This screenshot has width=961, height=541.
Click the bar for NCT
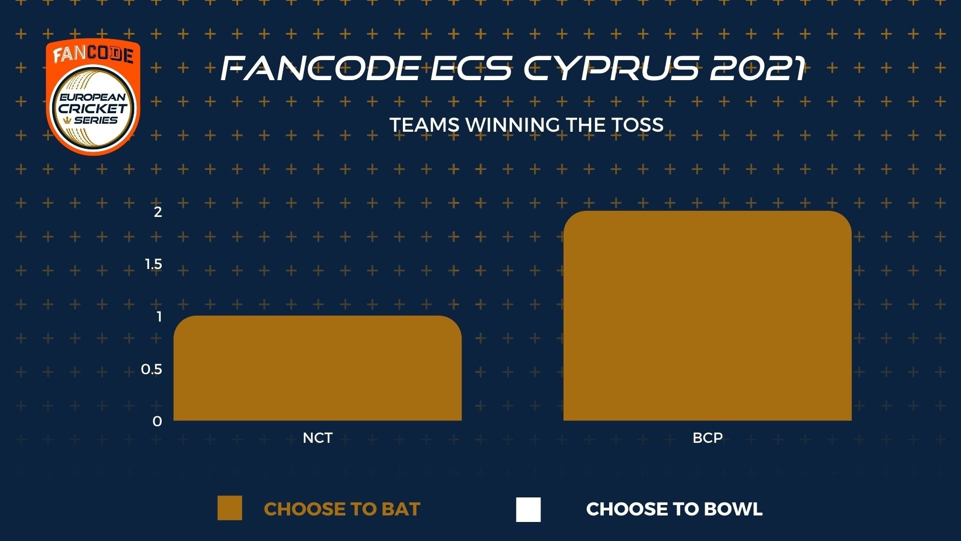(317, 368)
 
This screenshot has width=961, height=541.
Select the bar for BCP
(707, 316)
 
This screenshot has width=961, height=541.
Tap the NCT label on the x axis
(317, 438)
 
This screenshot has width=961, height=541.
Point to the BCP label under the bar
(707, 438)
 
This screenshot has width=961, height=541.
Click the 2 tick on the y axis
(158, 212)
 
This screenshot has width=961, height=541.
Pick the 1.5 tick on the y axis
(153, 264)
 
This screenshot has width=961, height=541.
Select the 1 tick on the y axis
(159, 317)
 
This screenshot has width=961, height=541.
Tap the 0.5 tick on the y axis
(152, 369)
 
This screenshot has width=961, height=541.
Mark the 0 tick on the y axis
(157, 422)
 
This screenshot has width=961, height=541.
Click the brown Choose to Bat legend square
(230, 508)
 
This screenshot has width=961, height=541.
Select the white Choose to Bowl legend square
(528, 509)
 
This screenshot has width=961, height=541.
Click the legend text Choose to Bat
(342, 509)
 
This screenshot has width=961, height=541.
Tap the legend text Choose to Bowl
(674, 509)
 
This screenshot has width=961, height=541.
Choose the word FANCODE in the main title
(320, 68)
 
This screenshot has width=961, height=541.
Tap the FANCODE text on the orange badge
(93, 55)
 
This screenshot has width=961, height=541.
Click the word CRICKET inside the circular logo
(93, 108)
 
